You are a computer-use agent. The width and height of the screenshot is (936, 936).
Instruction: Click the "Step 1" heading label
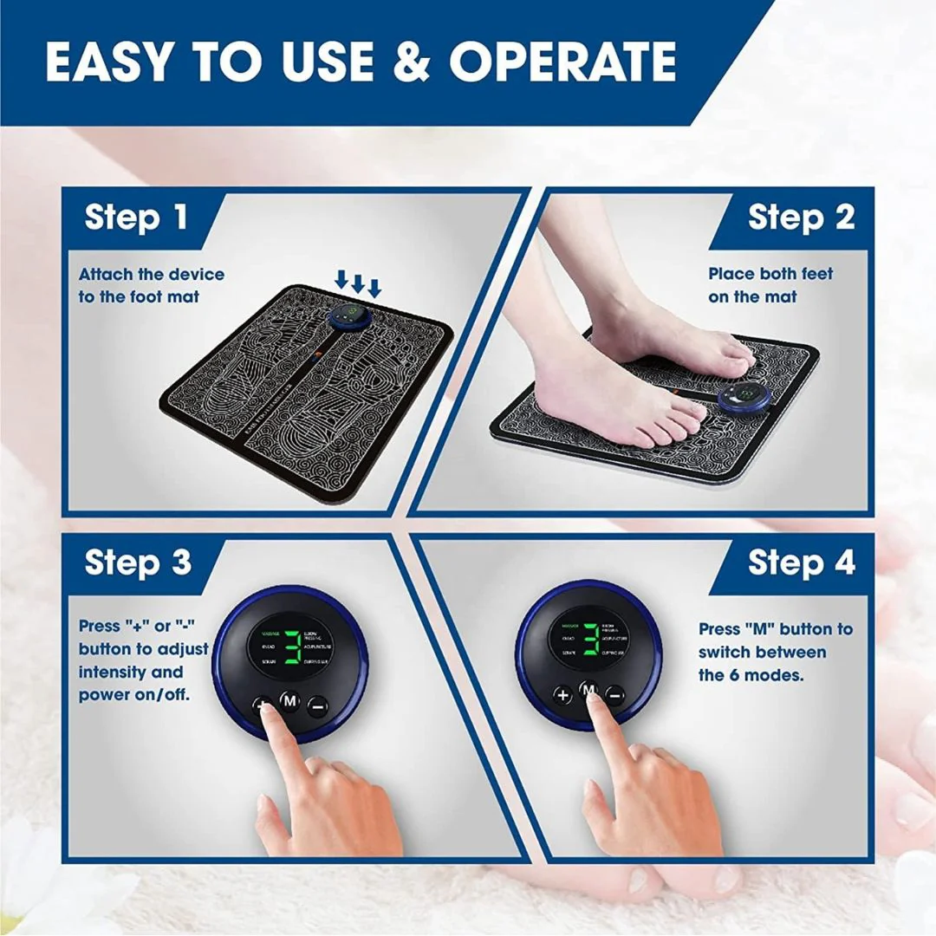point(136,218)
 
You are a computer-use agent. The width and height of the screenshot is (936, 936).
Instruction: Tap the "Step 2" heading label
point(801,218)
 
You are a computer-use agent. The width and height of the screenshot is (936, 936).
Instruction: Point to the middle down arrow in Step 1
point(358,282)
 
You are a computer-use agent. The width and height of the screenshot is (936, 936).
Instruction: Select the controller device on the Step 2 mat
point(744,399)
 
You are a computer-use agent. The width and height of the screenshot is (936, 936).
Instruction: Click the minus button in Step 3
point(317,706)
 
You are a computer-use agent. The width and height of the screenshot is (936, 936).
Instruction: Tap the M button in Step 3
point(289,700)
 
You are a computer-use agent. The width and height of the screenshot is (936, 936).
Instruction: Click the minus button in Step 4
point(614,695)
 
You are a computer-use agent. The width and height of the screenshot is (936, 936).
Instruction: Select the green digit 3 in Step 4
point(590,638)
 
